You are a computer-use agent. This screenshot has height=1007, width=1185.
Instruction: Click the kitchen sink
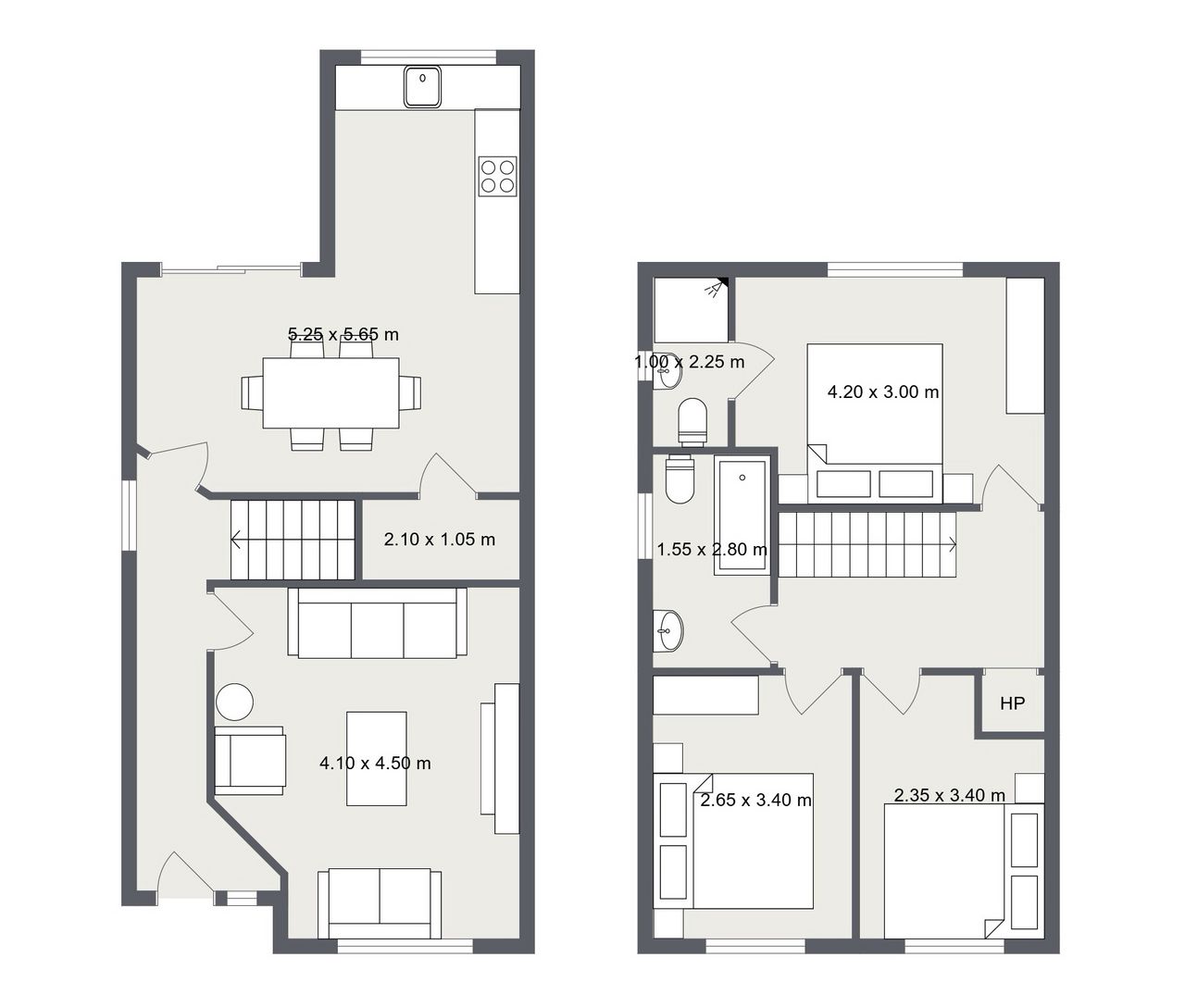pyautogui.click(x=422, y=87)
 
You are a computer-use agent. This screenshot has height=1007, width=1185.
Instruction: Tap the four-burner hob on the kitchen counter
pyautogui.click(x=498, y=176)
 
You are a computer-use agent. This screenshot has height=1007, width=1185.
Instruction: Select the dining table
pyautogui.click(x=331, y=392)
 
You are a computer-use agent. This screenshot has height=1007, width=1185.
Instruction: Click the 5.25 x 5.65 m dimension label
pyautogui.click(x=343, y=334)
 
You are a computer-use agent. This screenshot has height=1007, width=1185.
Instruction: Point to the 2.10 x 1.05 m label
pyautogui.click(x=439, y=540)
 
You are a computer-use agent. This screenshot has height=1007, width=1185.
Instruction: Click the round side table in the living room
pyautogui.click(x=234, y=702)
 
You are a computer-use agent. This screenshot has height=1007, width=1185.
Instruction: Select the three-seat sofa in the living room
pyautogui.click(x=377, y=622)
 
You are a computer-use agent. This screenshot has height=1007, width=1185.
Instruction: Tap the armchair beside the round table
pyautogui.click(x=250, y=761)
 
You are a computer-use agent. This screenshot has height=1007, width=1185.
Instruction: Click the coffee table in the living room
pyautogui.click(x=377, y=759)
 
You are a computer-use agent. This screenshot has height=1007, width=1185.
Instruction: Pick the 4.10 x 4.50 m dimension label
pyautogui.click(x=375, y=764)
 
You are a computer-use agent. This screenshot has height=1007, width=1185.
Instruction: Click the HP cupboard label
pyautogui.click(x=1013, y=703)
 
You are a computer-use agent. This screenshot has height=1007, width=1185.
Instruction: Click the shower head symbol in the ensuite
pyautogui.click(x=716, y=288)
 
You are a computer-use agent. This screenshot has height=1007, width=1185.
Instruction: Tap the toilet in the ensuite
pyautogui.click(x=692, y=422)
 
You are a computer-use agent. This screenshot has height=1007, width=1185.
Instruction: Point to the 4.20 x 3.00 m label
pyautogui.click(x=883, y=392)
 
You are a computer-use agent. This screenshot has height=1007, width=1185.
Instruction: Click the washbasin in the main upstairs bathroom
pyautogui.click(x=667, y=631)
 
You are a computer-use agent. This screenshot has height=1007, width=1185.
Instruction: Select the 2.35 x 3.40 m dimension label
pyautogui.click(x=949, y=795)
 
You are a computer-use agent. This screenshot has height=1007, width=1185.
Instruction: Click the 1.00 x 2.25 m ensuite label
pyautogui.click(x=689, y=362)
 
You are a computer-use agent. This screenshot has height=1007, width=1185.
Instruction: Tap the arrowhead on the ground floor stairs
pyautogui.click(x=235, y=539)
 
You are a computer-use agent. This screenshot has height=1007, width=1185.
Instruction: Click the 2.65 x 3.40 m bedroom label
pyautogui.click(x=755, y=800)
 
